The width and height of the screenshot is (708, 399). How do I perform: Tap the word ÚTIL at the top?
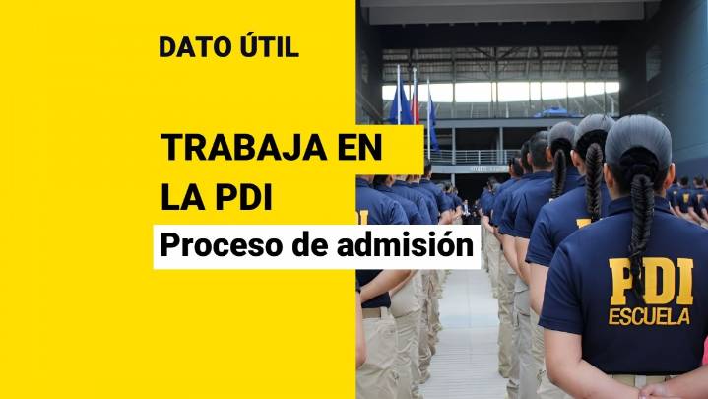[267, 47]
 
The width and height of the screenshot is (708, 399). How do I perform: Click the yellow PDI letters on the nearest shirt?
[651, 282]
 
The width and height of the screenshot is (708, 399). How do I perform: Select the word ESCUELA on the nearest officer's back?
[649, 317]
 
